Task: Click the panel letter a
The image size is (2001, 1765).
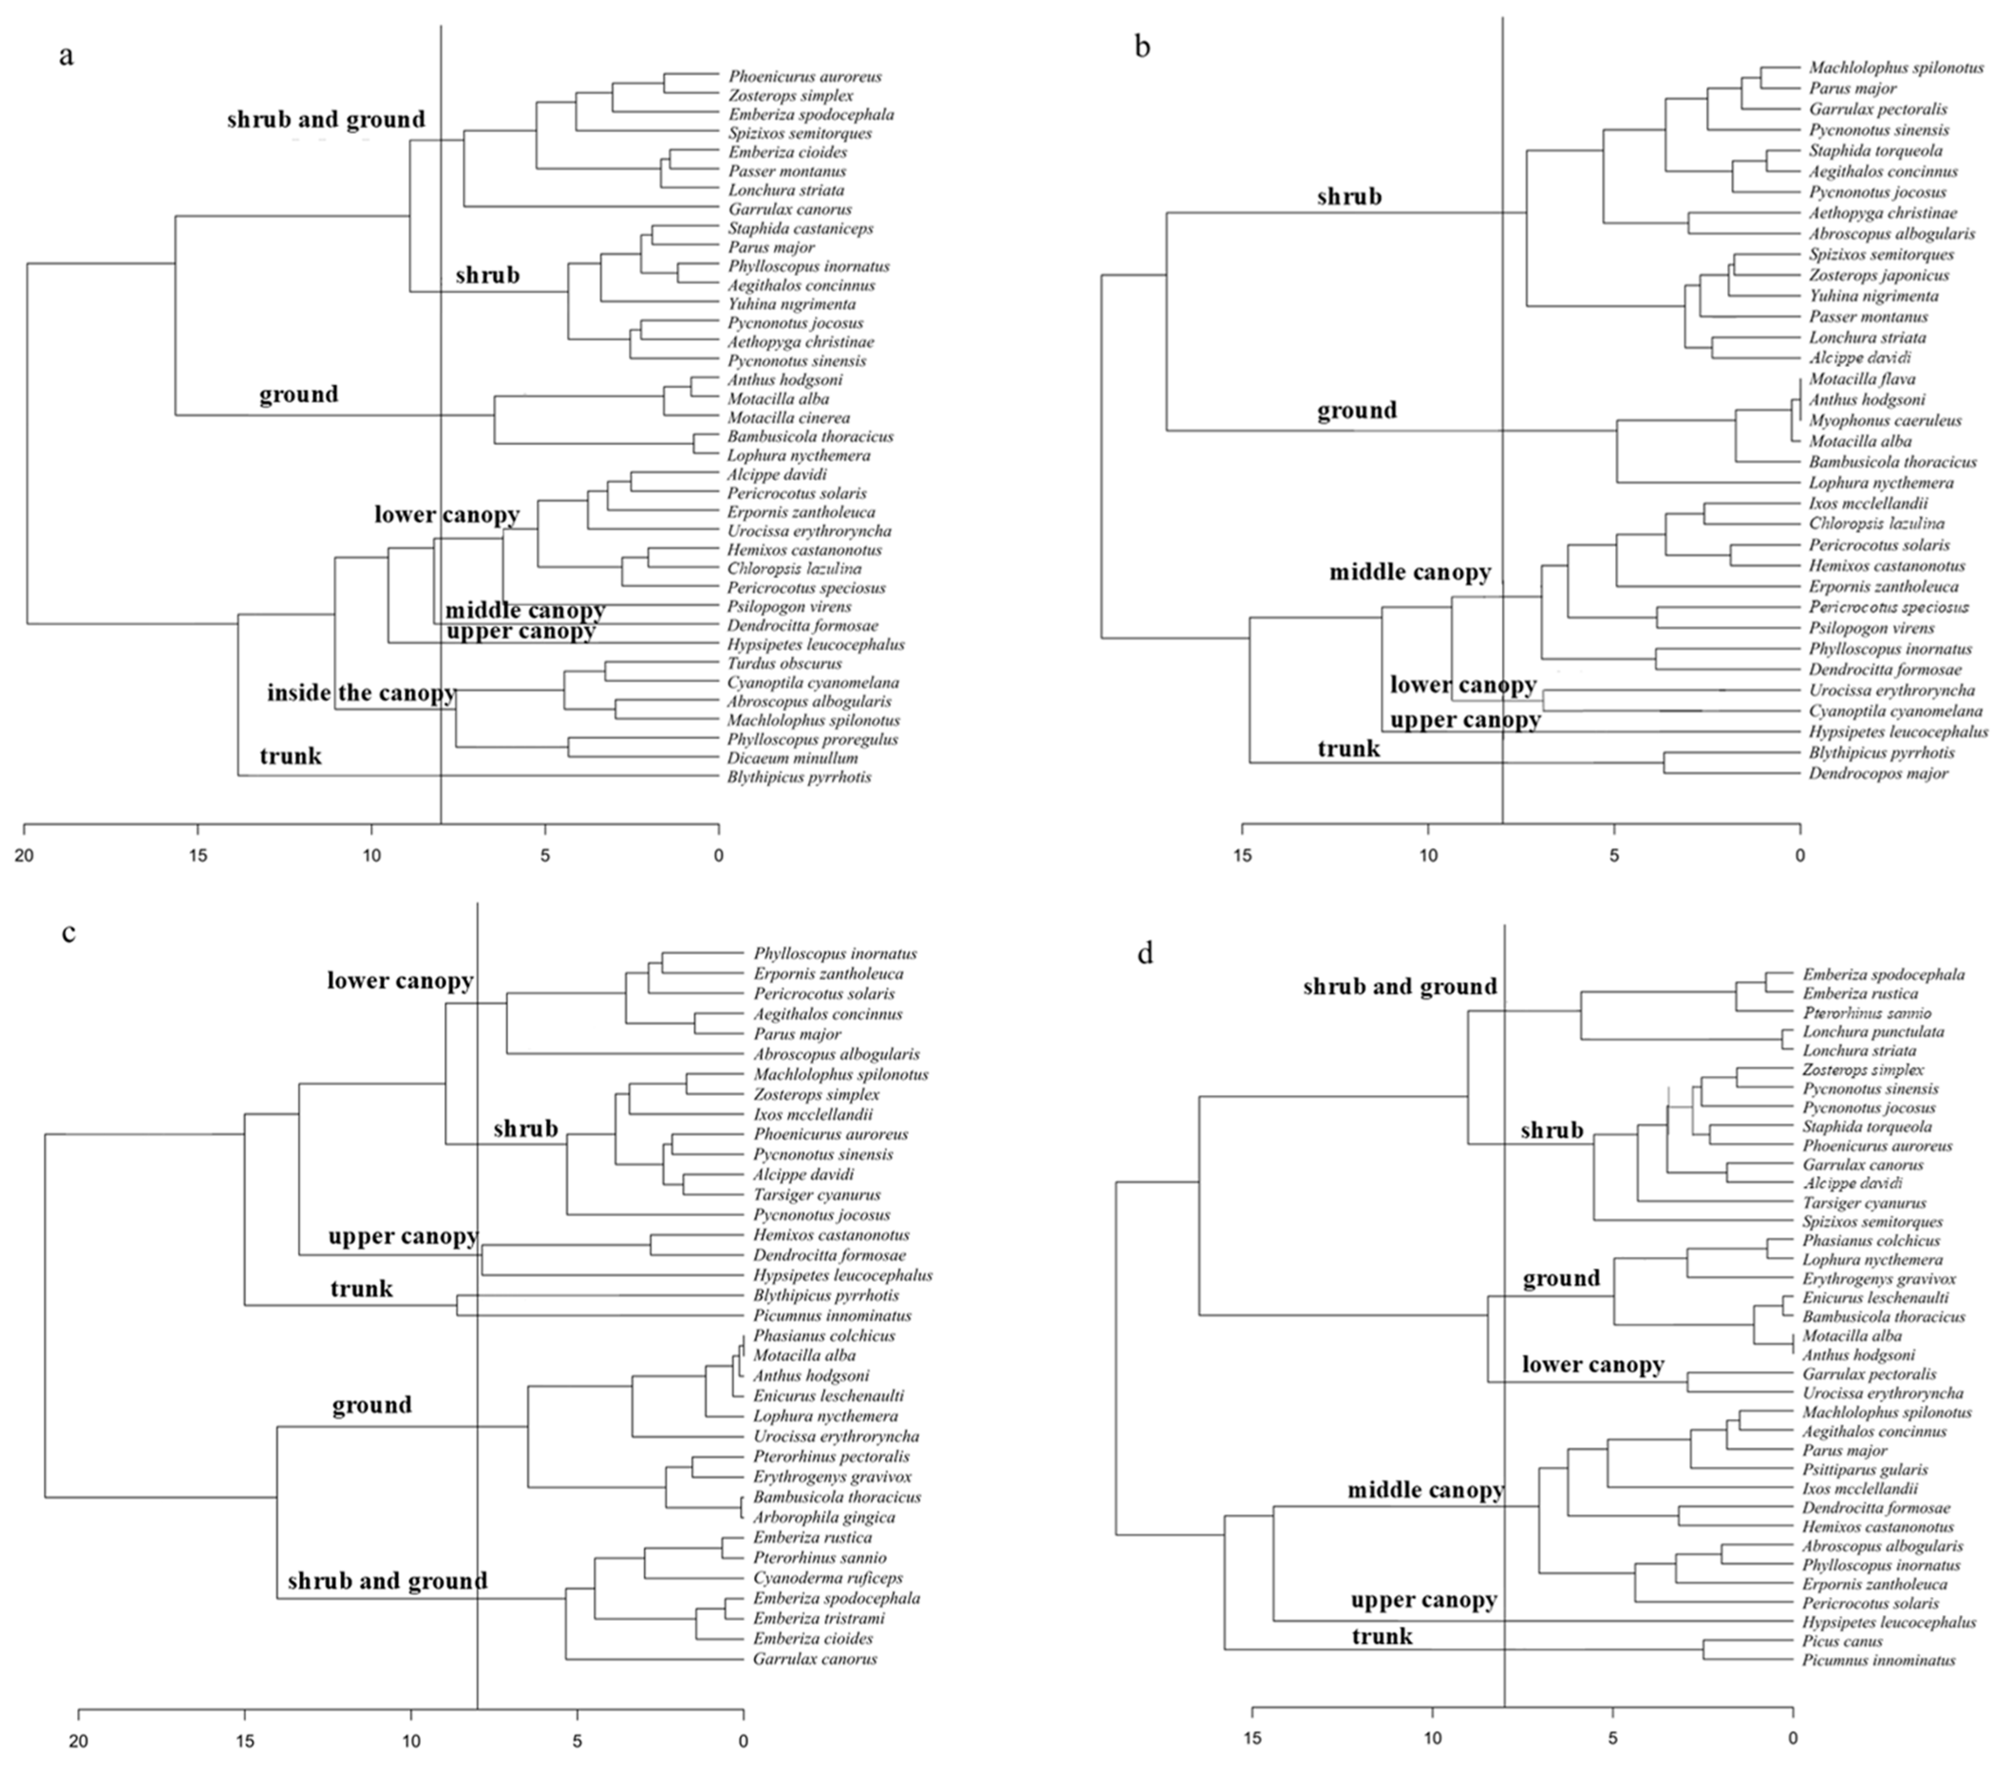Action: (x=65, y=56)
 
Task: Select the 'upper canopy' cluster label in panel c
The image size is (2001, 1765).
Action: (x=402, y=1236)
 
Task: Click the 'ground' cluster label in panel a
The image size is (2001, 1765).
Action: (x=299, y=394)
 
